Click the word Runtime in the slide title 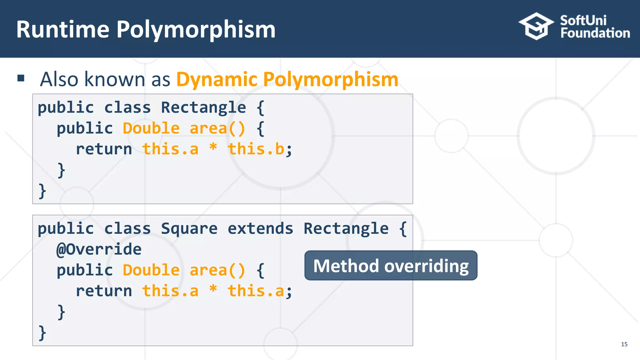click(x=63, y=29)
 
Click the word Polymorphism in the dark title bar click(x=196, y=30)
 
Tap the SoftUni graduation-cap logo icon click(x=536, y=26)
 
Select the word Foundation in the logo click(x=595, y=33)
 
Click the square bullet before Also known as click(x=21, y=78)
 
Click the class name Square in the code click(x=189, y=228)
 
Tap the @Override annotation click(x=99, y=249)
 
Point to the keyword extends click(x=260, y=228)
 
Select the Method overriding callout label click(x=391, y=266)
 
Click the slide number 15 click(x=624, y=344)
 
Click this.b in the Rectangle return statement click(x=256, y=149)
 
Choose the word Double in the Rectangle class click(x=151, y=128)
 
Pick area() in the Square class click(x=217, y=270)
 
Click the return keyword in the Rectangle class click(x=104, y=149)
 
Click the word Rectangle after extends click(x=346, y=228)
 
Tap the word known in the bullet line click(x=115, y=79)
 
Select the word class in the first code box click(x=127, y=107)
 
